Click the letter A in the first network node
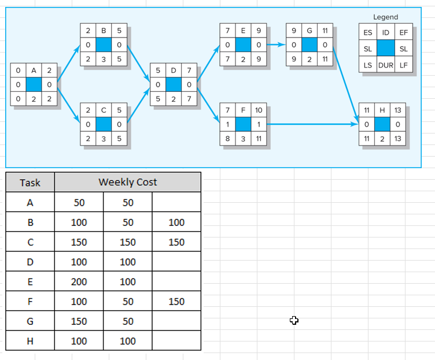[x=34, y=70]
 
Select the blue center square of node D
[x=174, y=84]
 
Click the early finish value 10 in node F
[x=259, y=110]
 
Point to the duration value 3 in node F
[x=244, y=139]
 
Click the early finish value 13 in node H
[x=398, y=110]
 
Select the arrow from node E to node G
[x=276, y=44]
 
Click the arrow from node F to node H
[x=312, y=124]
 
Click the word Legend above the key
[x=386, y=17]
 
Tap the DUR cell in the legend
[x=386, y=65]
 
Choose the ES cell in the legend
[x=368, y=33]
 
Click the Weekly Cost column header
[x=128, y=182]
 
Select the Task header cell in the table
[x=30, y=183]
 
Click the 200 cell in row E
[x=79, y=281]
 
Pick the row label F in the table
[x=30, y=301]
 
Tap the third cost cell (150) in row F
[x=176, y=301]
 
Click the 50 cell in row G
[x=128, y=321]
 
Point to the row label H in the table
[x=30, y=341]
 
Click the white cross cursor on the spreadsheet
[x=294, y=320]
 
